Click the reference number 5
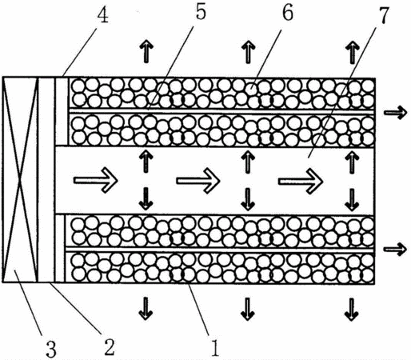click(201, 12)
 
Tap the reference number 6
click(288, 14)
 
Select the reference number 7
click(383, 15)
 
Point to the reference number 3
click(51, 349)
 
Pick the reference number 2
click(110, 347)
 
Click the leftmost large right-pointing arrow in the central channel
click(96, 180)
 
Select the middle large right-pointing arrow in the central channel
click(198, 181)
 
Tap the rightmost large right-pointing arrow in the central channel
click(301, 182)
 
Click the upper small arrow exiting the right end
click(395, 113)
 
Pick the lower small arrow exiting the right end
click(395, 249)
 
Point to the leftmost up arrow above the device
click(146, 51)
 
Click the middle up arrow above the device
click(249, 52)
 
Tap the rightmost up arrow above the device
click(353, 52)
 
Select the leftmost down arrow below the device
click(146, 308)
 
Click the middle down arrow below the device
click(248, 309)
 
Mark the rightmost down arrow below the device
click(352, 310)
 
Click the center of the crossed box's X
click(20, 179)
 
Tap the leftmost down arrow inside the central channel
click(146, 198)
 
